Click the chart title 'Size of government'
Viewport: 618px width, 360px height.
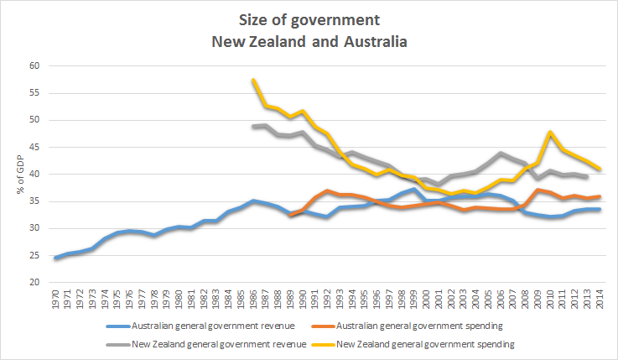pyautogui.click(x=309, y=20)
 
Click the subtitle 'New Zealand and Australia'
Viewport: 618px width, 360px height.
pyautogui.click(x=309, y=41)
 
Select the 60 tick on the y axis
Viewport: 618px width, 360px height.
pyautogui.click(x=34, y=65)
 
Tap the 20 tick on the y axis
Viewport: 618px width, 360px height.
pyautogui.click(x=34, y=283)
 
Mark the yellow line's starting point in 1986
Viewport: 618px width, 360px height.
pyautogui.click(x=253, y=81)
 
